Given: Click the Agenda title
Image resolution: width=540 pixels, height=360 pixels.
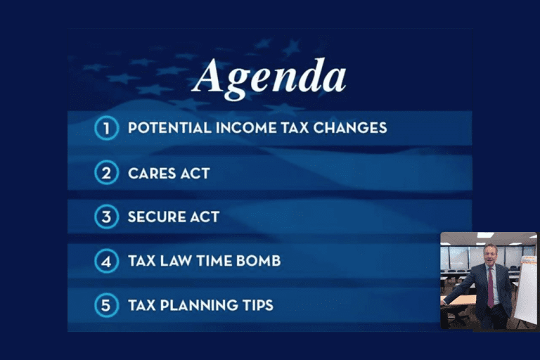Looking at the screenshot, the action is pyautogui.click(x=269, y=79).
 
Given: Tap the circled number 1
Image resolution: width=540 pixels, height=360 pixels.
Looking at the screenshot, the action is pyautogui.click(x=106, y=128).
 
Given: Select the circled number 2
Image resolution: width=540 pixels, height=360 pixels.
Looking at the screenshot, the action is pyautogui.click(x=106, y=172).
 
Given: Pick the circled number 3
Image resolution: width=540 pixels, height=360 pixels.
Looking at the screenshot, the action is pyautogui.click(x=106, y=217).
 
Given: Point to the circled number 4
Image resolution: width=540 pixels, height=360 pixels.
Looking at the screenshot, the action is pyautogui.click(x=106, y=261).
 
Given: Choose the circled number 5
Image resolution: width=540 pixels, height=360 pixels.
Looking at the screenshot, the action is pyautogui.click(x=106, y=305).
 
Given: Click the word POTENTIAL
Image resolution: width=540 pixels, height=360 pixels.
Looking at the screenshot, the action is pyautogui.click(x=169, y=128).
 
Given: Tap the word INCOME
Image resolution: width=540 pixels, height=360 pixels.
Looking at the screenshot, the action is pyautogui.click(x=246, y=128).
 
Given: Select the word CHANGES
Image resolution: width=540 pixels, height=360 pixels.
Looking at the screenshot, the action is pyautogui.click(x=350, y=128).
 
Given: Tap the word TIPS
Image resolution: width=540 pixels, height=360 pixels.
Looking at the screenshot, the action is pyautogui.click(x=258, y=305).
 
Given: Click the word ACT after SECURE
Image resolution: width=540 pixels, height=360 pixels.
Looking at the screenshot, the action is pyautogui.click(x=205, y=217).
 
